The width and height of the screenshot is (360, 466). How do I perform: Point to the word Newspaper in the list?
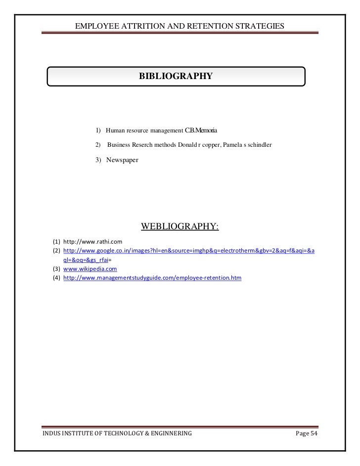[122, 161]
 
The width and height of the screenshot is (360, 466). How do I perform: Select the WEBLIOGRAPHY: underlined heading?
[180, 227]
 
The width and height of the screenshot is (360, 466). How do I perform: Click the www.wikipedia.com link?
[90, 269]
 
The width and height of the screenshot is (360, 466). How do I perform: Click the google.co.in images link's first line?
[188, 251]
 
